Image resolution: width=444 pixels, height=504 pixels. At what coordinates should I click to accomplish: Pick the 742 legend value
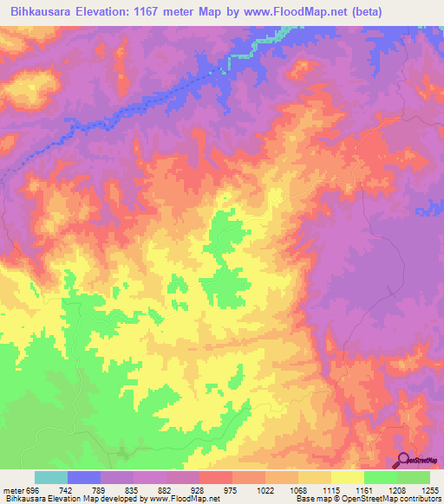click(x=85, y=490)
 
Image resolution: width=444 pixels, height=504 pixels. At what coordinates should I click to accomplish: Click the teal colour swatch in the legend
click(x=51, y=477)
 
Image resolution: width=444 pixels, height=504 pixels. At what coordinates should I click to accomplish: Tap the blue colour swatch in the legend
click(x=84, y=477)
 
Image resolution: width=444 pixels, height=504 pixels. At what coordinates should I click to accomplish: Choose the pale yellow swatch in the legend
click(x=347, y=477)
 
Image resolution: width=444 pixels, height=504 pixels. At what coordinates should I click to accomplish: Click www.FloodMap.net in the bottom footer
click(x=184, y=500)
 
